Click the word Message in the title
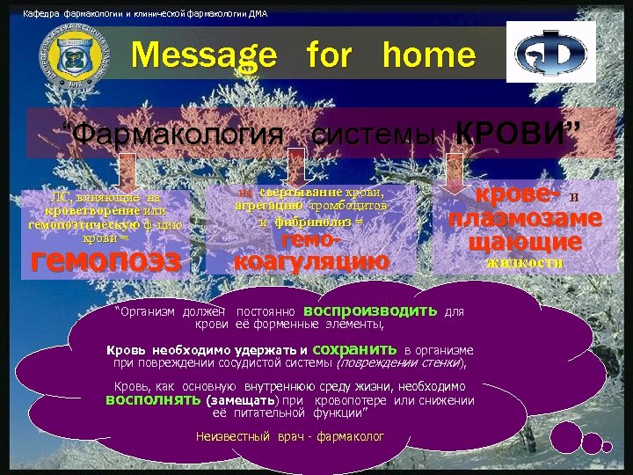click(x=203, y=56)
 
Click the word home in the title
click(x=429, y=56)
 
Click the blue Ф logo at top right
click(x=550, y=53)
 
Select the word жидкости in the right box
click(x=524, y=261)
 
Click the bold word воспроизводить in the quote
click(x=370, y=311)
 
